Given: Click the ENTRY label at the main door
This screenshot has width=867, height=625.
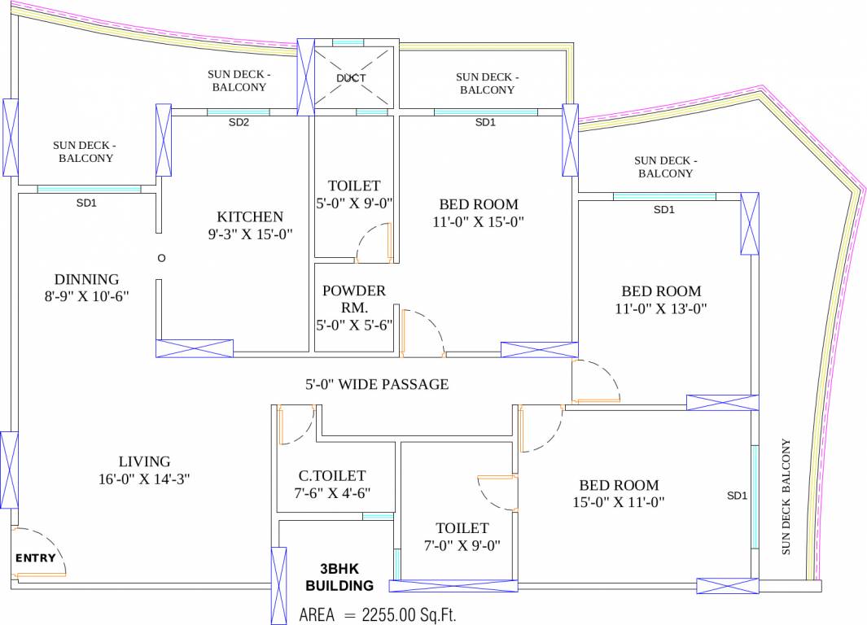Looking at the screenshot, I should coord(37,558).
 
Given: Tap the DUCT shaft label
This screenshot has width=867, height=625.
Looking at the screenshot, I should coord(351,78).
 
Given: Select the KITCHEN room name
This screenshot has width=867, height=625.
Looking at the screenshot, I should coord(250,216).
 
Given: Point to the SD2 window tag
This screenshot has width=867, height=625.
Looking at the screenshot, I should coord(239,123).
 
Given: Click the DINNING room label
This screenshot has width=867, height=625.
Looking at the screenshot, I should coord(86,279).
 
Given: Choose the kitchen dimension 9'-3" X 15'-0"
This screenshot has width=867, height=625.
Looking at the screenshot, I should coord(250,234).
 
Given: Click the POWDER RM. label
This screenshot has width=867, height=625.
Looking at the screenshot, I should coord(354,299).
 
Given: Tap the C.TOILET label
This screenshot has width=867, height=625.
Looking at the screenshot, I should coord(332,475).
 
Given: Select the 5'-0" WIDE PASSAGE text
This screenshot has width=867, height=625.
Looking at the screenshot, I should coord(377,384).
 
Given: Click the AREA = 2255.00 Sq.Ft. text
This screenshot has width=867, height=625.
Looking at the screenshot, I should coord(383,614).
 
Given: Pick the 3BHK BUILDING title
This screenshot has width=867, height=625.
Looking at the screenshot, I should coord(339,577).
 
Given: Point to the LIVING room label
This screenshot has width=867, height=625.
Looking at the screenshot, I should coord(144,461).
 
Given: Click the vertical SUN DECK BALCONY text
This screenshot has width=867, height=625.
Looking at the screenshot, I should coord(786,496).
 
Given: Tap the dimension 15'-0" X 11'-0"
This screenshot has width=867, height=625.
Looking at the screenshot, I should coord(619,502).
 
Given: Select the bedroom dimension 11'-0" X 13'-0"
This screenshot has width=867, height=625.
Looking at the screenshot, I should coord(661,308).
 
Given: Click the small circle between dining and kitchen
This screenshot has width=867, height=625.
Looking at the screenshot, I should coord(161,258).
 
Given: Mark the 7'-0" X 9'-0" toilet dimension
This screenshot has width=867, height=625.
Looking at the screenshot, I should coord(462,545).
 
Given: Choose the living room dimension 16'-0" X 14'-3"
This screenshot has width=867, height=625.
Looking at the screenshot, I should coord(144,479).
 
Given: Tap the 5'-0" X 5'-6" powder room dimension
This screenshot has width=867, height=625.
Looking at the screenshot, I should coord(354,325).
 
